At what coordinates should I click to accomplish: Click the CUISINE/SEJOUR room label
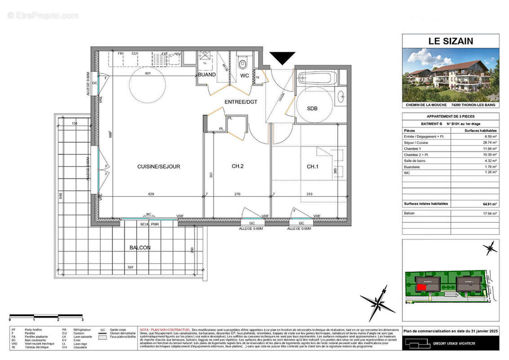[158, 166]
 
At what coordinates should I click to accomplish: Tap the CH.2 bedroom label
[237, 166]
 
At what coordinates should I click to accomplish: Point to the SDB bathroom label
[312, 108]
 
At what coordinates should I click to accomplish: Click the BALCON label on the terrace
[140, 247]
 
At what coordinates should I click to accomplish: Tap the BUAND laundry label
[207, 75]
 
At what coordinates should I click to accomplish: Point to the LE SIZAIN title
[451, 41]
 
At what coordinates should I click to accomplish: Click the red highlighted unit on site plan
[421, 288]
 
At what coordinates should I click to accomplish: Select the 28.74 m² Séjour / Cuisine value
[489, 142]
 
